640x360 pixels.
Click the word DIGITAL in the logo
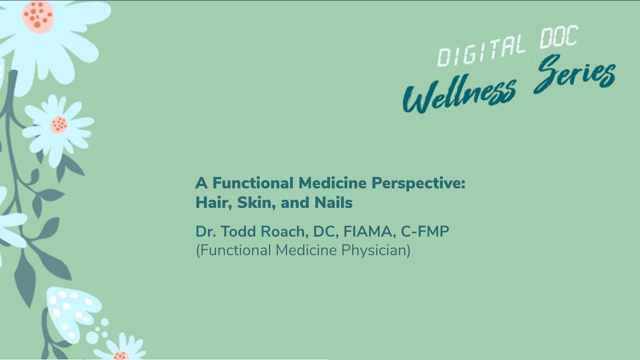point(481,50)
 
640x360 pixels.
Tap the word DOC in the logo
point(559,37)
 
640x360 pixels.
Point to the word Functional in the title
point(253,183)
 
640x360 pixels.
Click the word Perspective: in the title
point(418,183)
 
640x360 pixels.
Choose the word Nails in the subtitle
point(333,202)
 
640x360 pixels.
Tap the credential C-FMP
point(425,231)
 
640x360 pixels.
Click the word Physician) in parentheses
point(375,250)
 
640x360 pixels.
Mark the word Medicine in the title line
point(332,183)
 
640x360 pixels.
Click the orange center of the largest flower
point(38,17)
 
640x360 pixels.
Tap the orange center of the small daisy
point(59,125)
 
